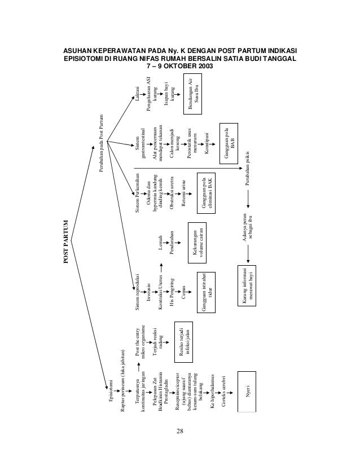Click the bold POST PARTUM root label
[65, 242]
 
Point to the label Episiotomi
[111, 389]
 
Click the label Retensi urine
[183, 194]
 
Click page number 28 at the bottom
[179, 432]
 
